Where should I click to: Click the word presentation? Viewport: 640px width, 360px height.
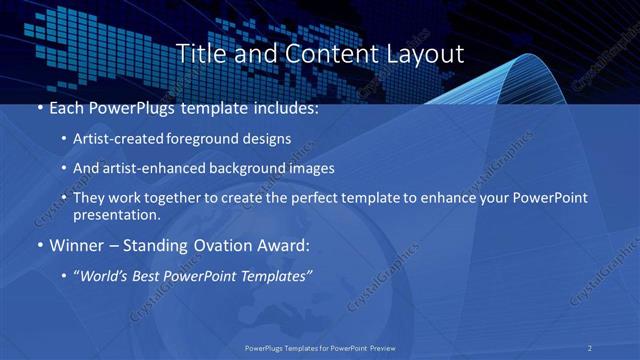click(117, 214)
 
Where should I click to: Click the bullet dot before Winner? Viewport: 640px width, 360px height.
click(39, 244)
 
